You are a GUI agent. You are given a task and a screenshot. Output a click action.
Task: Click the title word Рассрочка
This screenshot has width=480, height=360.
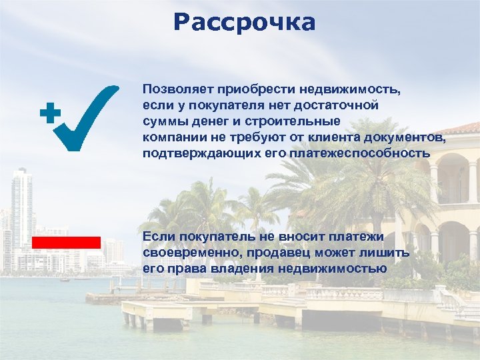coord(243,22)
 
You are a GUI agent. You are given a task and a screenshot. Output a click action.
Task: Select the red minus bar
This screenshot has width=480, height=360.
coord(65,241)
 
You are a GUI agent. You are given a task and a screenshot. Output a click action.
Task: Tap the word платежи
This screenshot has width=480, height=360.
coord(359,237)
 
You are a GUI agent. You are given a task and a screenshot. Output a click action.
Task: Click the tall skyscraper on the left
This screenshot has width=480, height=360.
coord(21,207)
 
